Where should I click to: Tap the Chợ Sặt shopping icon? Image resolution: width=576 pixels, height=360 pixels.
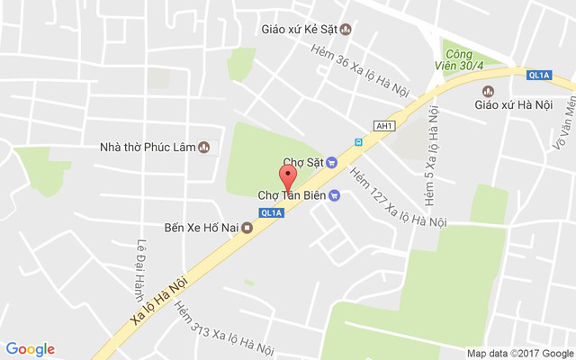click(331, 162)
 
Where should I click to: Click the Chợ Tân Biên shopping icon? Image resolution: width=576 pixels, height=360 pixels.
click(335, 195)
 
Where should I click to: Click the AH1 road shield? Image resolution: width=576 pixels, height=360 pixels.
click(384, 126)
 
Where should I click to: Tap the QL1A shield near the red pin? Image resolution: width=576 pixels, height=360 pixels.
click(270, 212)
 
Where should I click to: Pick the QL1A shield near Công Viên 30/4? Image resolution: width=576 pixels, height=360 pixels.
click(539, 75)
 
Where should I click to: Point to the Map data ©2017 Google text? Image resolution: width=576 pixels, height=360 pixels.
click(519, 353)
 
